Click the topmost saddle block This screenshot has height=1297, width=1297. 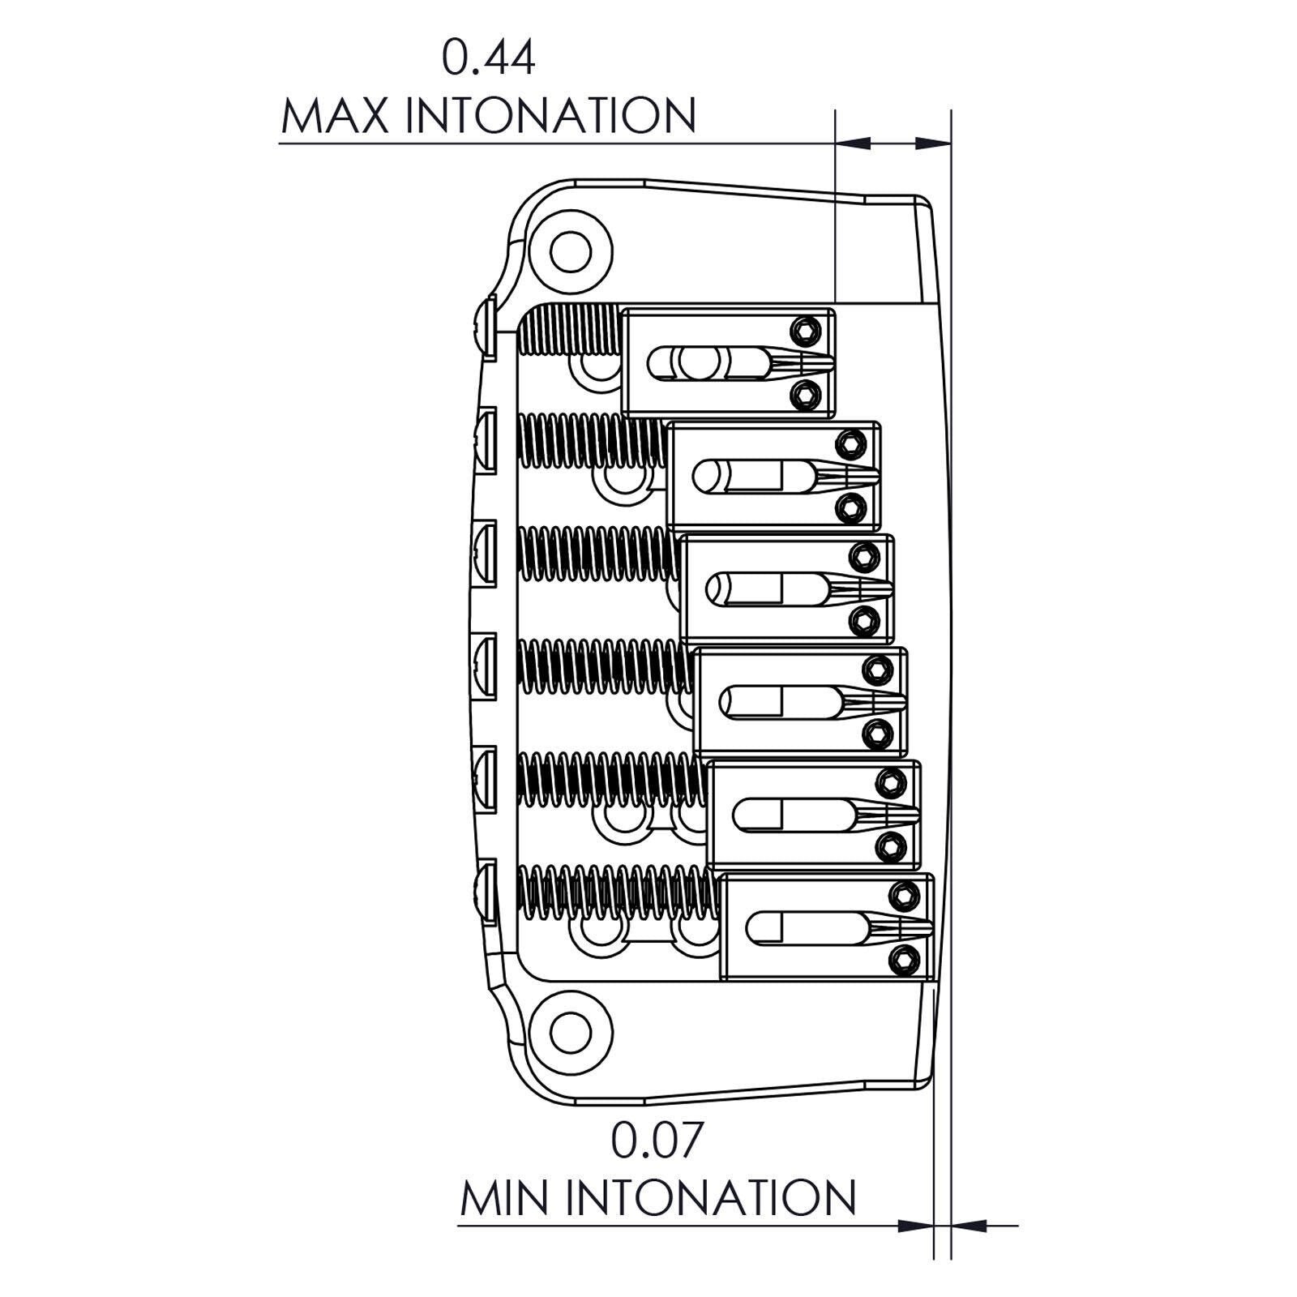[x=728, y=362]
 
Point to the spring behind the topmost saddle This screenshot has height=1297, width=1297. [x=569, y=330]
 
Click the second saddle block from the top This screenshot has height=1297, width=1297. [x=774, y=476]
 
